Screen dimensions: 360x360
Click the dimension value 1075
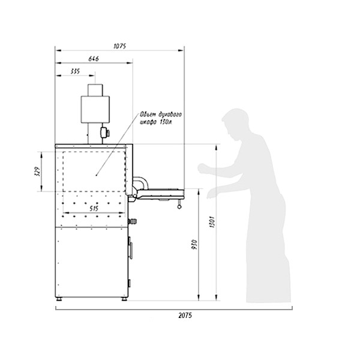pyautogui.click(x=120, y=46)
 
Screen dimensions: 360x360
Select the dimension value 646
pyautogui.click(x=94, y=59)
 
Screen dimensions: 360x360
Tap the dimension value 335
pyautogui.click(x=75, y=71)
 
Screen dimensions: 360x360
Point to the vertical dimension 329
pyautogui.click(x=38, y=171)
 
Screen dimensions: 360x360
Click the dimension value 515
pyautogui.click(x=94, y=208)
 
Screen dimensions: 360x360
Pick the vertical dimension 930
pyautogui.click(x=194, y=245)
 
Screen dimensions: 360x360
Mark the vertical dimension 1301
pyautogui.click(x=212, y=222)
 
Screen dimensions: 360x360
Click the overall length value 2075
pyautogui.click(x=185, y=316)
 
